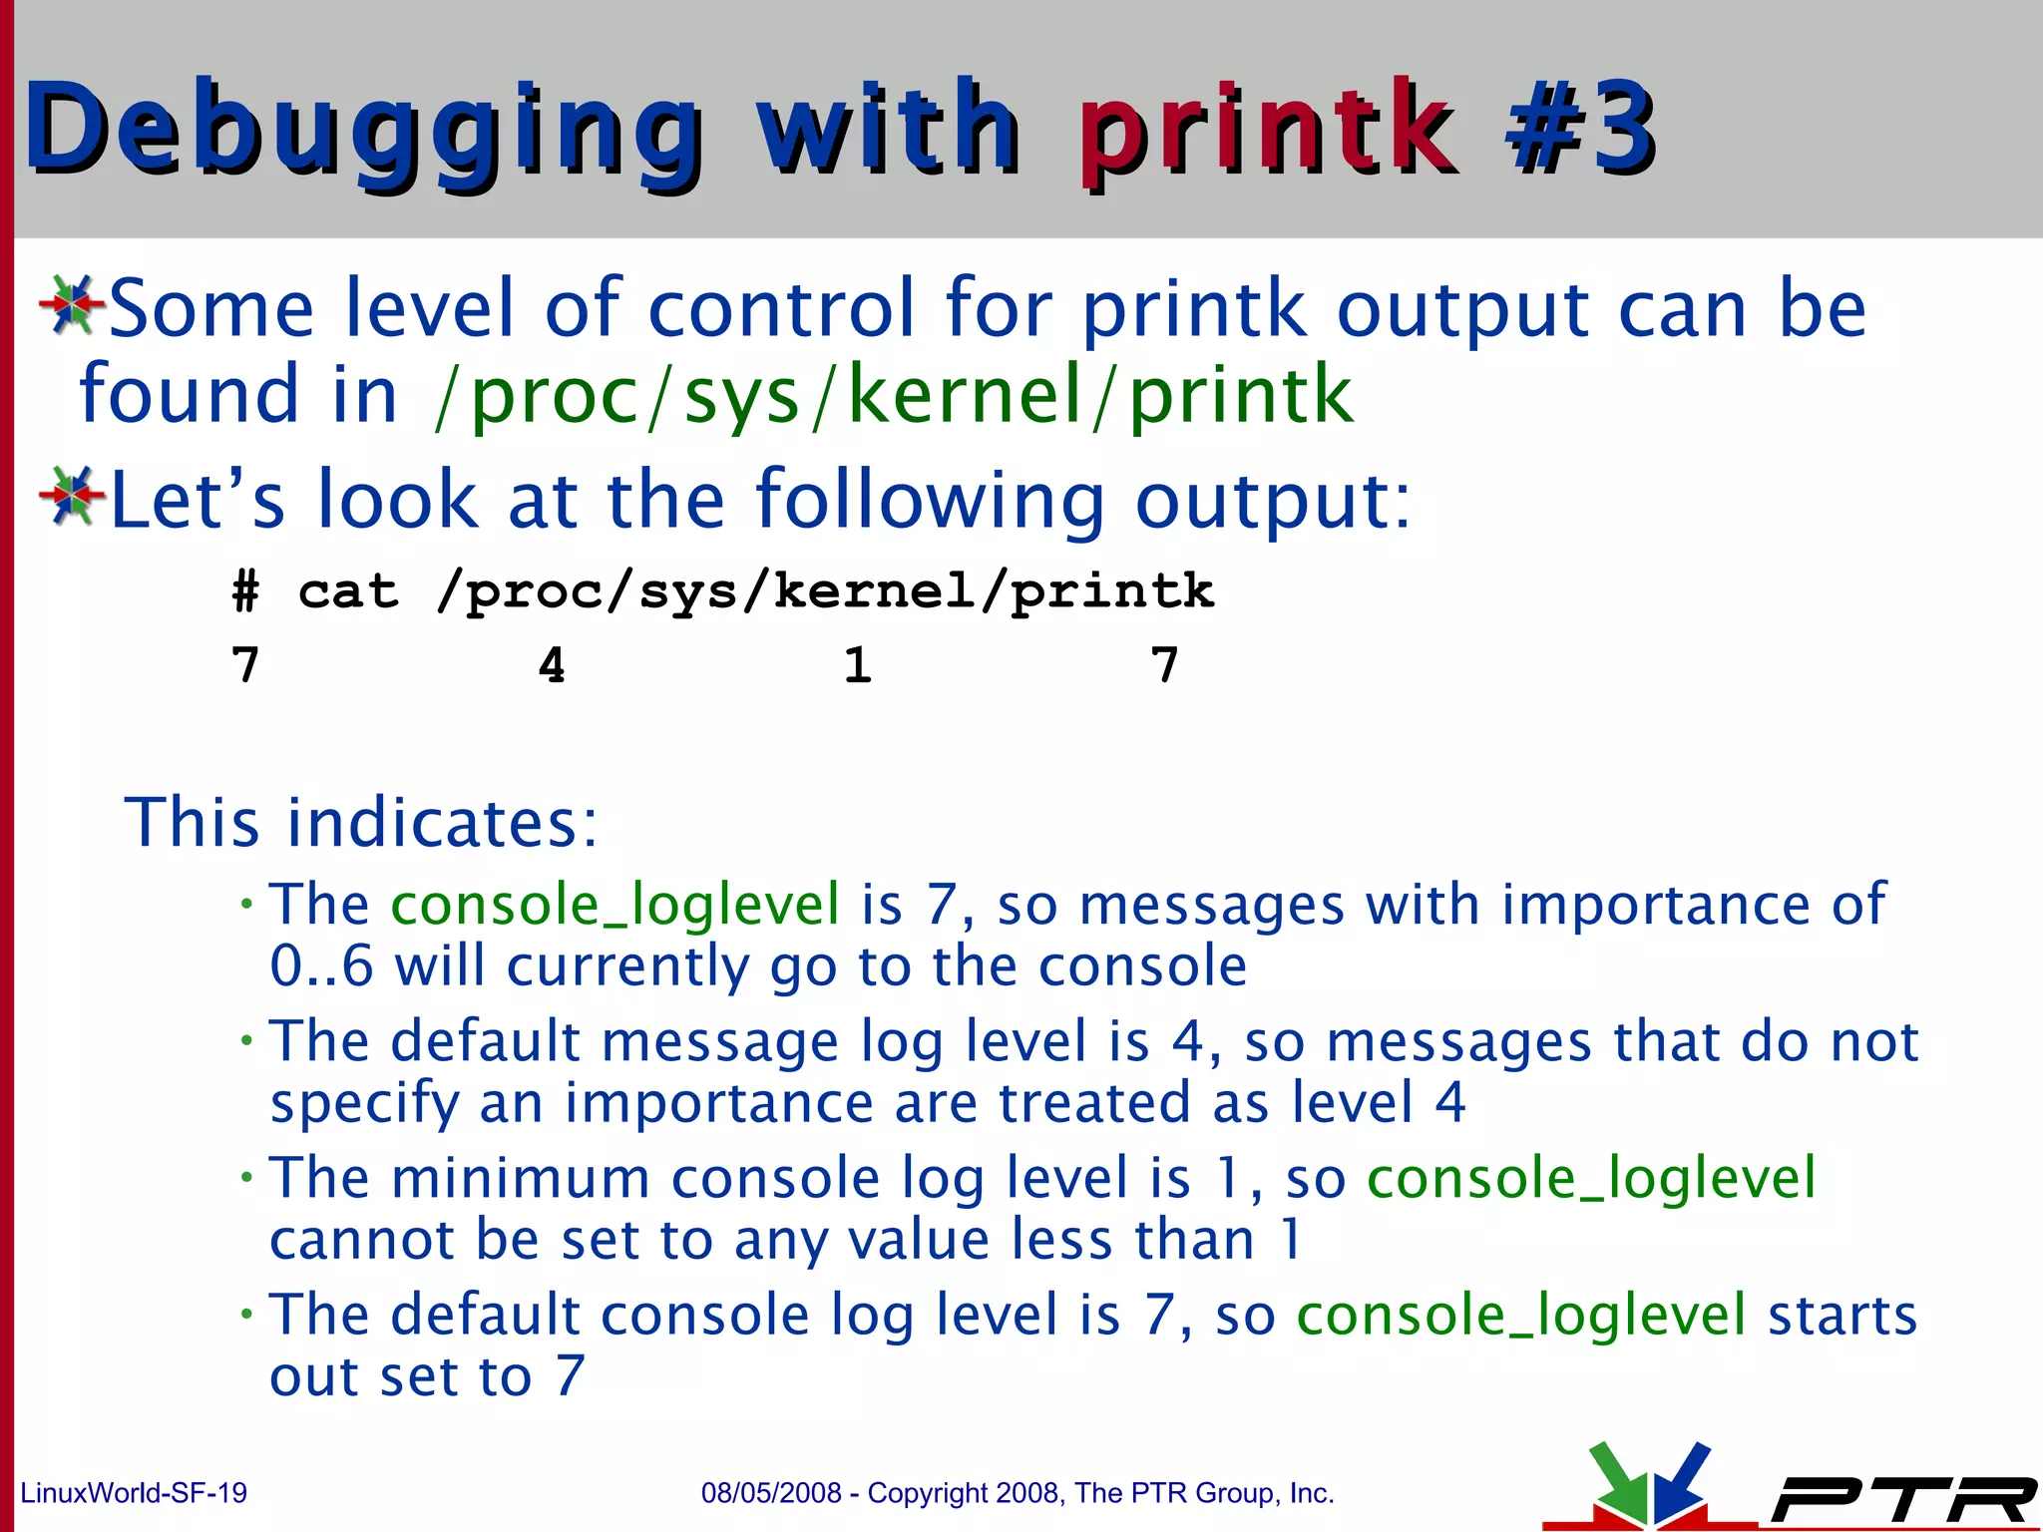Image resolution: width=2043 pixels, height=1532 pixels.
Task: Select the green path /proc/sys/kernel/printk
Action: tap(894, 395)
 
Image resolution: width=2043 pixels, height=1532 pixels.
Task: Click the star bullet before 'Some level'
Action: tap(71, 304)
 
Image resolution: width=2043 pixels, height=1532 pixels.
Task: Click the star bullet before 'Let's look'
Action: tap(71, 495)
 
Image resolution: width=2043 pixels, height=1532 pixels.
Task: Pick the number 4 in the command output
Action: tap(552, 665)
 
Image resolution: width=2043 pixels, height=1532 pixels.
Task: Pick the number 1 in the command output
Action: tap(857, 665)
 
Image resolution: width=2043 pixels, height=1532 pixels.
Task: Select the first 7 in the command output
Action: tap(245, 665)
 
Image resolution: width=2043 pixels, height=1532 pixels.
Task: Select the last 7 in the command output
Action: tap(1164, 665)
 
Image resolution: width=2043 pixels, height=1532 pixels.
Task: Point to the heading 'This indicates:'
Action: tap(361, 823)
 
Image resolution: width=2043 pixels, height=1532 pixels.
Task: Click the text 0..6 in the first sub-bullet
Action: tap(321, 966)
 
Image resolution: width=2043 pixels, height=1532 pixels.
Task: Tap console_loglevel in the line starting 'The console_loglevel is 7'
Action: tap(614, 905)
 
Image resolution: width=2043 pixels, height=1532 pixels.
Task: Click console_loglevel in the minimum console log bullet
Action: tap(1590, 1178)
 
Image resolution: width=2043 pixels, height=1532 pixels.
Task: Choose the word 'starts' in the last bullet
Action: tap(1842, 1315)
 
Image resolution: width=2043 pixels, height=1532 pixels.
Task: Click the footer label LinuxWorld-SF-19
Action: tap(134, 1493)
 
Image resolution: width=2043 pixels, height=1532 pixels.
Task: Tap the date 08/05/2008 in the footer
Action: tap(771, 1493)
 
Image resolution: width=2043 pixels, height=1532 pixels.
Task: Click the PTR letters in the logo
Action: tap(1900, 1499)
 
